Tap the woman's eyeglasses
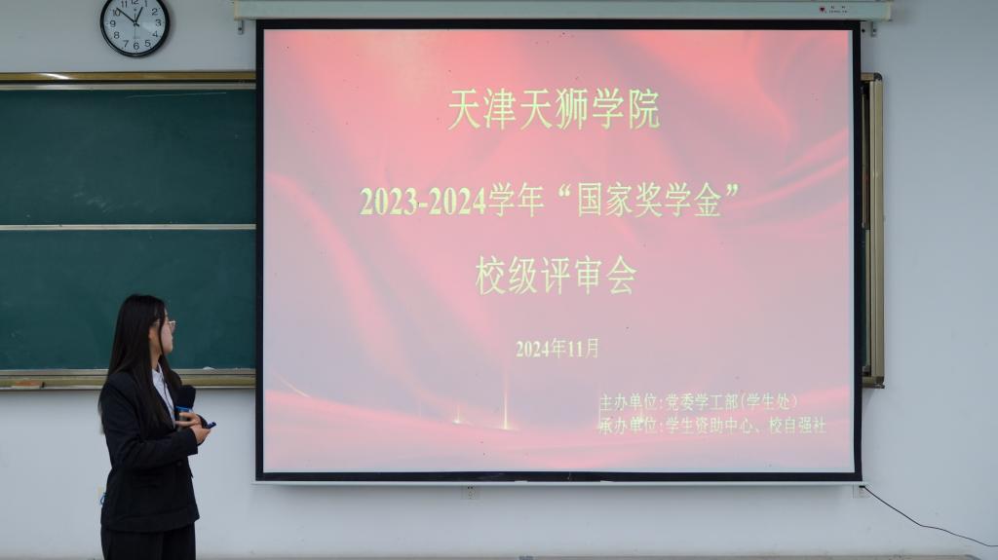pyautogui.click(x=168, y=324)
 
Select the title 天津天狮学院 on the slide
pyautogui.click(x=554, y=109)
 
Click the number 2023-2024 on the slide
pyautogui.click(x=423, y=201)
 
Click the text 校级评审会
pyautogui.click(x=556, y=276)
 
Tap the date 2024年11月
pyautogui.click(x=557, y=348)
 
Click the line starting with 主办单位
pyautogui.click(x=698, y=402)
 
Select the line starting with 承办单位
pyautogui.click(x=712, y=425)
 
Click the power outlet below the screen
pyautogui.click(x=470, y=492)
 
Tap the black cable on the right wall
pyautogui.click(x=930, y=518)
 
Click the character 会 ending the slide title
pyautogui.click(x=621, y=276)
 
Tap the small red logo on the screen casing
pyautogui.click(x=823, y=9)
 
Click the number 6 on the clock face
pyautogui.click(x=135, y=46)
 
